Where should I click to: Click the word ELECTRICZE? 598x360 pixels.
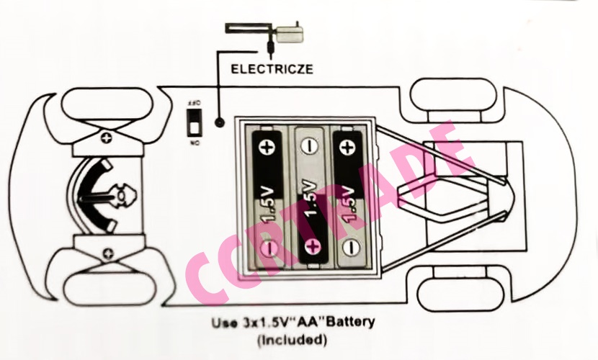[272, 70]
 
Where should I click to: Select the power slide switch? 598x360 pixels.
[194, 122]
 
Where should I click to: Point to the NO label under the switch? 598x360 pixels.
[194, 143]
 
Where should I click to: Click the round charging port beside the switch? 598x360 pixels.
[219, 124]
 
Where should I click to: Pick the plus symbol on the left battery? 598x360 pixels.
[267, 148]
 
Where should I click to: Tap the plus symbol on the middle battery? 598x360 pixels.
[312, 247]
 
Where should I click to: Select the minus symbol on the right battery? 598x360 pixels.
[350, 248]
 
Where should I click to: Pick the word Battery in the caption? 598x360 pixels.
[349, 322]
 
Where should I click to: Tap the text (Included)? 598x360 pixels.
[293, 338]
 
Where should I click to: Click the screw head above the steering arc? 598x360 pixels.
[107, 137]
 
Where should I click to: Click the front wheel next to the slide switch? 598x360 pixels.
[108, 103]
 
